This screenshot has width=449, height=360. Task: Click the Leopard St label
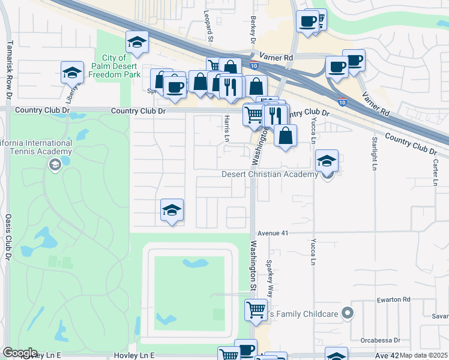[209, 26]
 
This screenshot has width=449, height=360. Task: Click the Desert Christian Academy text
[269, 175]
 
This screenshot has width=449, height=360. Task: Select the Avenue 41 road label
[273, 233]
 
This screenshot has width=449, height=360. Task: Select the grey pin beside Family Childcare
[346, 312]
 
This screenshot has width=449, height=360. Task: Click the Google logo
[20, 353]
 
